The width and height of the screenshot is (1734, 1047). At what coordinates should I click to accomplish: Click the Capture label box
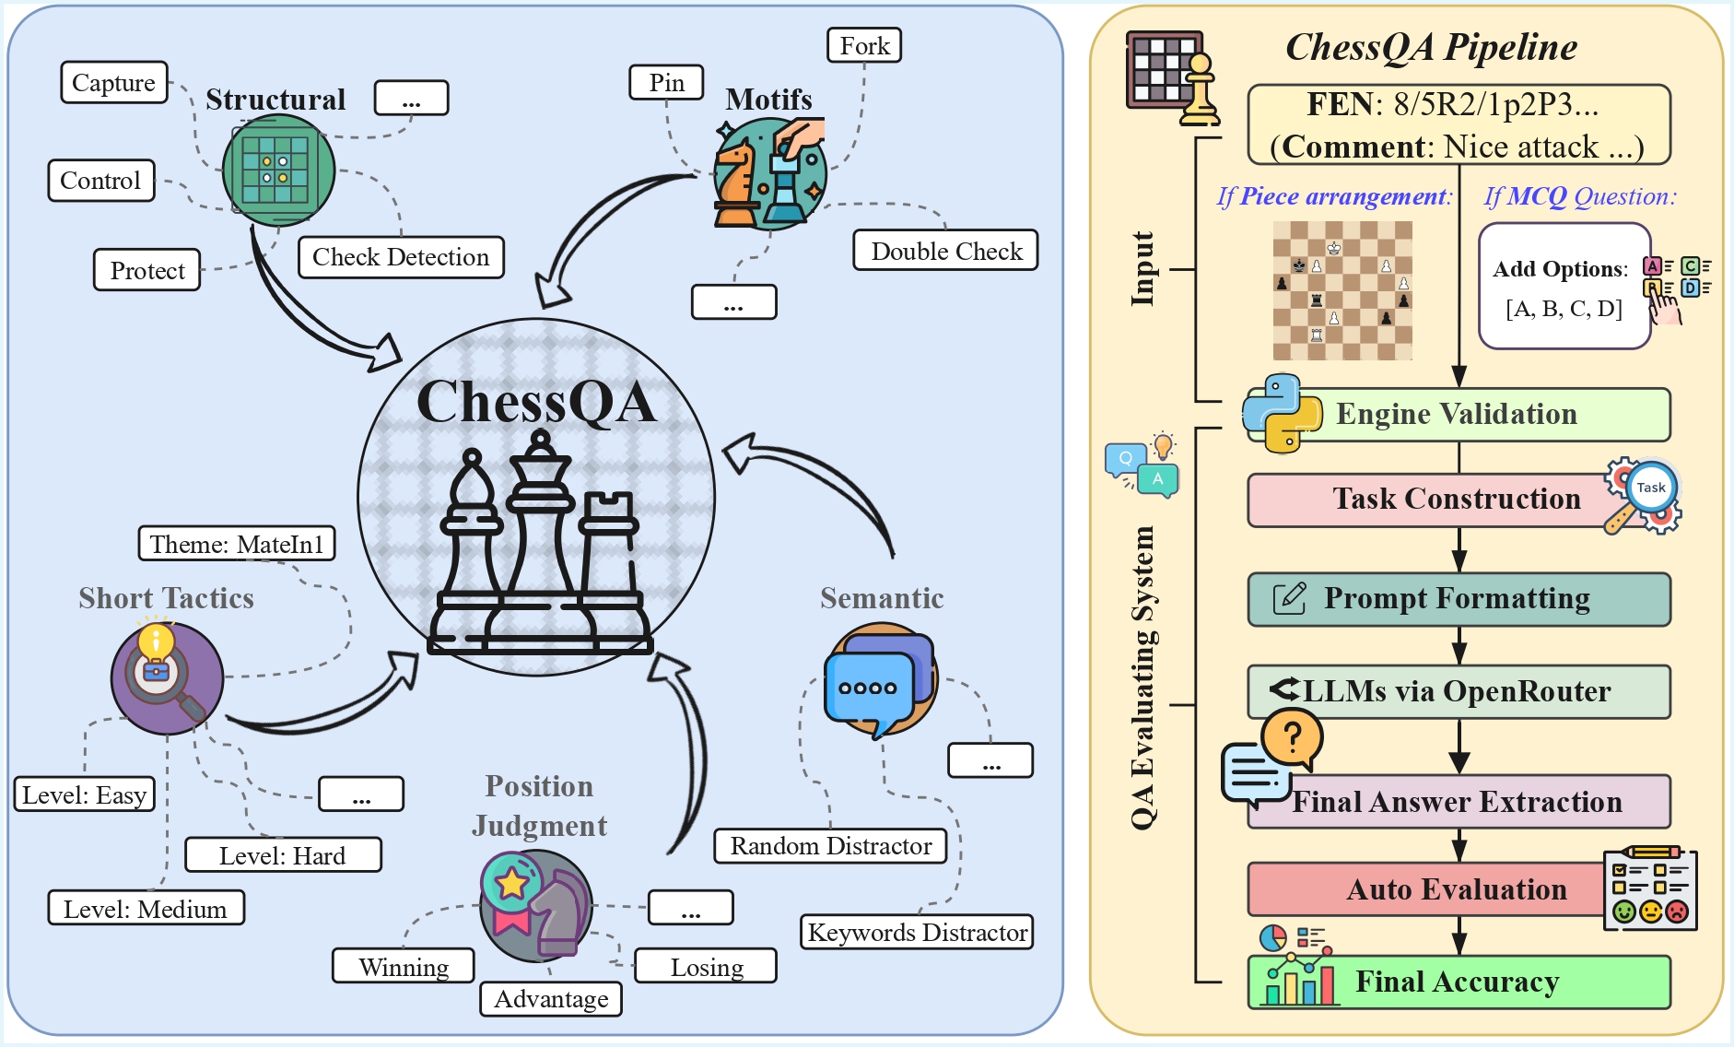click(114, 83)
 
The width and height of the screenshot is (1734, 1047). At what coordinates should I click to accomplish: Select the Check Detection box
click(401, 257)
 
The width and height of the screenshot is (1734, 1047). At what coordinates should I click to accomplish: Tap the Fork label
click(864, 46)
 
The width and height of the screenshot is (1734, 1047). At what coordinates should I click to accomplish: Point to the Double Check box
click(946, 251)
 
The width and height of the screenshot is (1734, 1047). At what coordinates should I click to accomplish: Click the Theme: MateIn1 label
click(237, 544)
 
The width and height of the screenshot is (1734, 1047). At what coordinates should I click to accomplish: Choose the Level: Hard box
click(283, 855)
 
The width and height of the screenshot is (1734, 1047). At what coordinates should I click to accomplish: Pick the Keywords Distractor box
click(917, 932)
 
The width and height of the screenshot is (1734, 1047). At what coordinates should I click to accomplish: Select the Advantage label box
click(551, 999)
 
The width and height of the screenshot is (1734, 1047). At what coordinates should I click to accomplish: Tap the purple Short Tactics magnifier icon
click(167, 678)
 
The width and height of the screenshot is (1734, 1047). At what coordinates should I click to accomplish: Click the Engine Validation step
click(1458, 415)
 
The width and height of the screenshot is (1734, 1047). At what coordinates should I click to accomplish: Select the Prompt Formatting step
click(1458, 599)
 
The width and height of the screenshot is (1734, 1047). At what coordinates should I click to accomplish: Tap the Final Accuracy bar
click(1458, 982)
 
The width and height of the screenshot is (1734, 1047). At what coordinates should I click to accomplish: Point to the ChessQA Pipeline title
click(1431, 48)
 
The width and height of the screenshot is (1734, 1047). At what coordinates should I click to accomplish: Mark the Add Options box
click(1564, 287)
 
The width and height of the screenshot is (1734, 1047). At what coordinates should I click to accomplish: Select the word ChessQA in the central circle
click(536, 402)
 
